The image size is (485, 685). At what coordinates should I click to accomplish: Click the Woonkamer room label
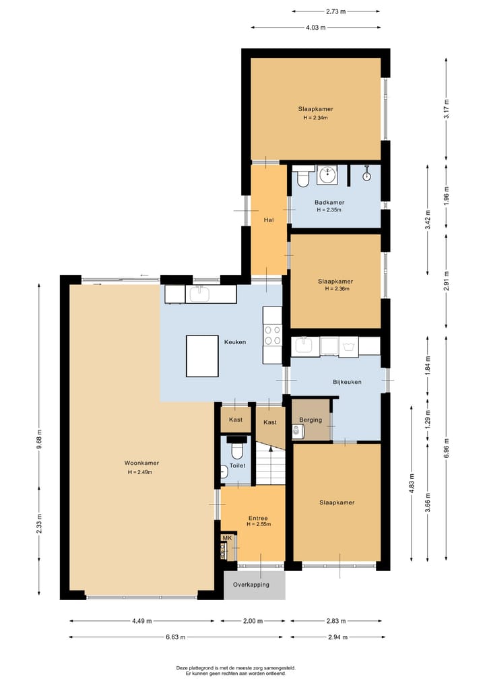(141, 463)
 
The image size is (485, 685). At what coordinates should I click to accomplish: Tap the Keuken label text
(234, 342)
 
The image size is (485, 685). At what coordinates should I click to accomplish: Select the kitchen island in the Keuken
(202, 356)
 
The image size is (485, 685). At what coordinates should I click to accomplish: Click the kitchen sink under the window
(199, 294)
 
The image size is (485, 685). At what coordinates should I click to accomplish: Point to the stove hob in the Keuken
(273, 335)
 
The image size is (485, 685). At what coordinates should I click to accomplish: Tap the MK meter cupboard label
(227, 537)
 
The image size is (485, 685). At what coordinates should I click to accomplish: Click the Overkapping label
(251, 585)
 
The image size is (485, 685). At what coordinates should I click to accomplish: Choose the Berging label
(311, 420)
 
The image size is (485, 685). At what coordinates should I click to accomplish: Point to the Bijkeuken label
(347, 382)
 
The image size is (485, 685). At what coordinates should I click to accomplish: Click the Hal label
(268, 220)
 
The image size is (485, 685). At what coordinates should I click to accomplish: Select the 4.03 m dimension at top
(315, 28)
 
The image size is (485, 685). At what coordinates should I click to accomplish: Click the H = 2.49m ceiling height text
(141, 472)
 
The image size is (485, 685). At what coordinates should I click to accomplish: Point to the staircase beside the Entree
(271, 465)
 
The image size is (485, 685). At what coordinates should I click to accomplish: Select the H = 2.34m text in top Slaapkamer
(315, 118)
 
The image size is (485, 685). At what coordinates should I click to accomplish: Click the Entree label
(258, 518)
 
